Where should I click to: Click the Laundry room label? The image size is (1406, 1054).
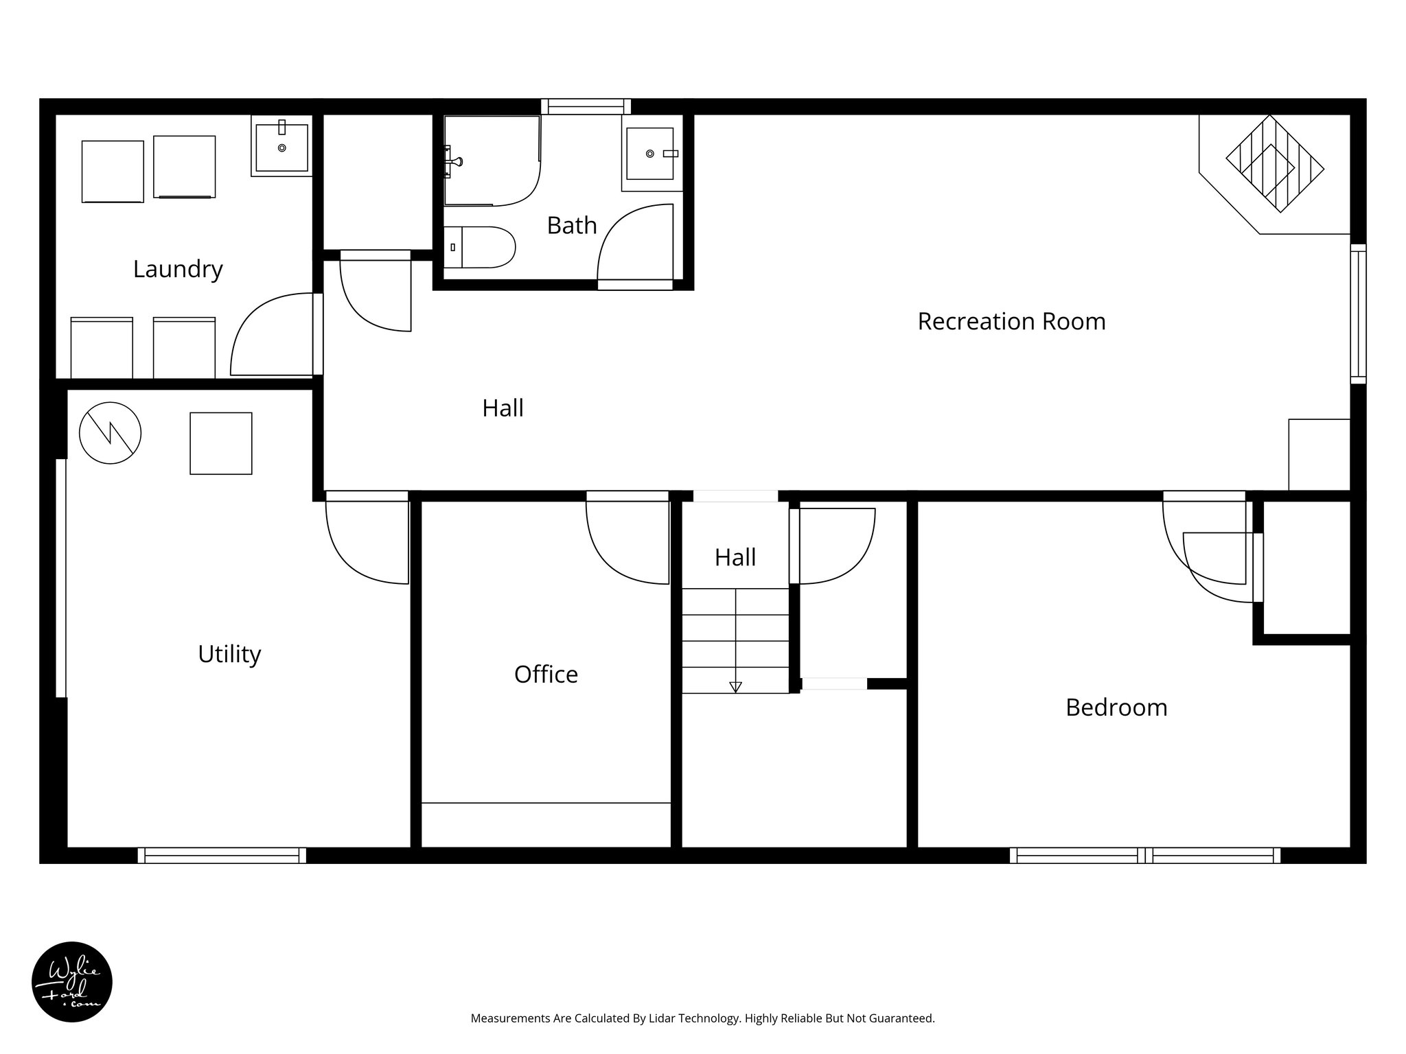coord(178,269)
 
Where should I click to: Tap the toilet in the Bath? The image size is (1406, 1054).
coord(481,247)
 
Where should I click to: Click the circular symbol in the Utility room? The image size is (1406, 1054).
coord(111,432)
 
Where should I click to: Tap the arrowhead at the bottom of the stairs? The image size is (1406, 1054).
coord(735,686)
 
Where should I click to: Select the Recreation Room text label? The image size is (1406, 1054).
coord(1011,321)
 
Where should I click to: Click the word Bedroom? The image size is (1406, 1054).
coord(1116,707)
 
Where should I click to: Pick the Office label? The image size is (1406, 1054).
coord(546,675)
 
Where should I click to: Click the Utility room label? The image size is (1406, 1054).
coord(229,654)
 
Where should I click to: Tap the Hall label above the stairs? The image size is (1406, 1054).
coord(735,557)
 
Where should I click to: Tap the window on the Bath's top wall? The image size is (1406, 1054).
coord(586,106)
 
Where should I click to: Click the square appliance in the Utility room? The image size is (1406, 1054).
coord(220,443)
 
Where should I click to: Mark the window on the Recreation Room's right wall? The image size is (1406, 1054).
coord(1358,313)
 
